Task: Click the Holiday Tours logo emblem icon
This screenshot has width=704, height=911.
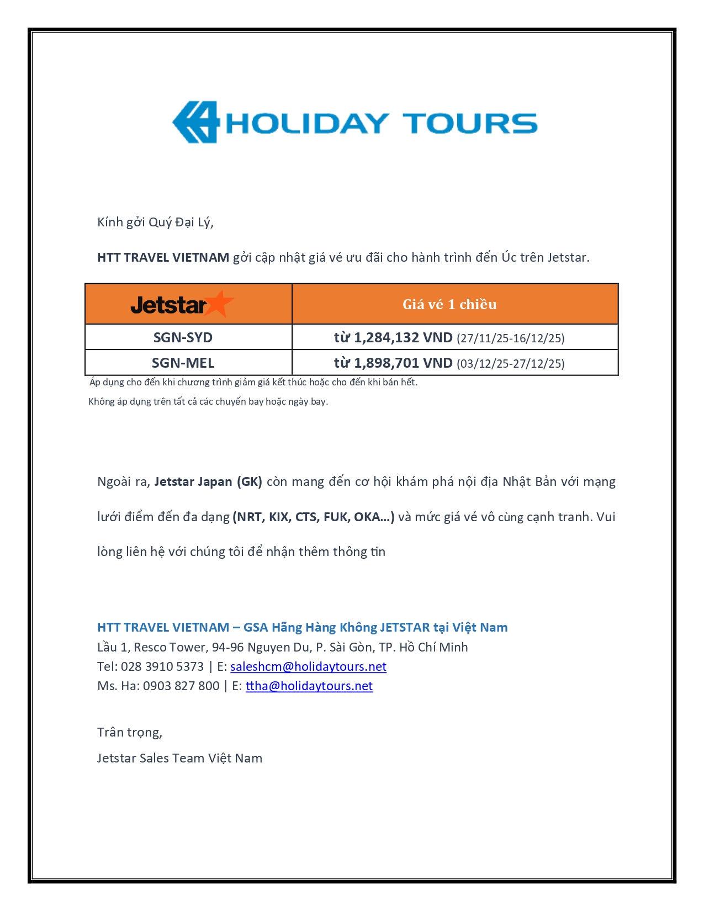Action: [196, 122]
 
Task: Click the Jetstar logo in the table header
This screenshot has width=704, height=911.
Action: [182, 304]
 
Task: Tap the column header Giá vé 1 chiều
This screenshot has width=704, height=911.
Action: [449, 304]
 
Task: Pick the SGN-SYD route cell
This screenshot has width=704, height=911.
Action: [183, 337]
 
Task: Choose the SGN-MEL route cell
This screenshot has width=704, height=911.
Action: [183, 363]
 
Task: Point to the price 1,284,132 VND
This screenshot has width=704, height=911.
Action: [403, 337]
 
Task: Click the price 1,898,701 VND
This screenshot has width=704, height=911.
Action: [403, 363]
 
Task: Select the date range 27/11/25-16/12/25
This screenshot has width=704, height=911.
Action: [510, 338]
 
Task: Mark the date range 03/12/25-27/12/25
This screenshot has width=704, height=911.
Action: [510, 364]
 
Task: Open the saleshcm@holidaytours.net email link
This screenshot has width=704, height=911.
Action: [308, 666]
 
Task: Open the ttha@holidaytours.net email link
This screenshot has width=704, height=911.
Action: [309, 686]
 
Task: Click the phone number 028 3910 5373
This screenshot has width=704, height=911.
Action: [162, 666]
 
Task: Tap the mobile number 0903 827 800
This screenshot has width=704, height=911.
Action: [181, 686]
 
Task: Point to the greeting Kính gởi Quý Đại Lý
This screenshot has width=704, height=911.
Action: [155, 222]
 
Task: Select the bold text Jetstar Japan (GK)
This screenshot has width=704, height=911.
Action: [208, 481]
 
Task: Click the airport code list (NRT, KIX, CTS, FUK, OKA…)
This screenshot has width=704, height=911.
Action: [314, 517]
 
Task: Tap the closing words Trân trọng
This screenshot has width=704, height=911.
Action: [130, 732]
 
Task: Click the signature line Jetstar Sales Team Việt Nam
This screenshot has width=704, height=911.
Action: [179, 758]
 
